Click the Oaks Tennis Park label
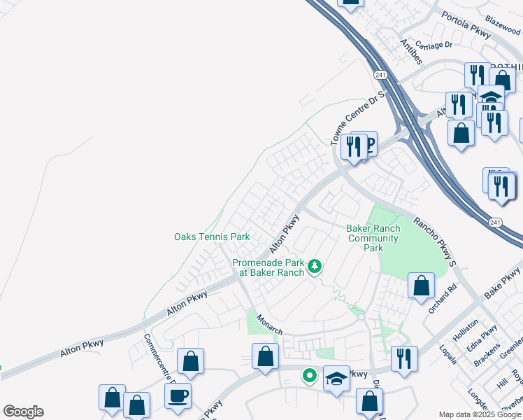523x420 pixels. pos(211,237)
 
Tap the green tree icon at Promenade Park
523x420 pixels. pos(315,265)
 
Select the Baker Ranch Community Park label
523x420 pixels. pos(373,238)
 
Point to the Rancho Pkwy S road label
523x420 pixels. pos(434,241)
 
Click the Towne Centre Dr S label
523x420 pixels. pos(357,118)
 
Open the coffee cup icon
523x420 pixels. pos(177,395)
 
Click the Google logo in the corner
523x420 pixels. pos(23,412)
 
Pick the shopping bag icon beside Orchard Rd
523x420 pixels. pos(421,286)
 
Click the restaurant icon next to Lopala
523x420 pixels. pos(404,358)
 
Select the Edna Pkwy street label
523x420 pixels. pos(485,338)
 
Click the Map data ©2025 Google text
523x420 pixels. pos(480,414)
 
